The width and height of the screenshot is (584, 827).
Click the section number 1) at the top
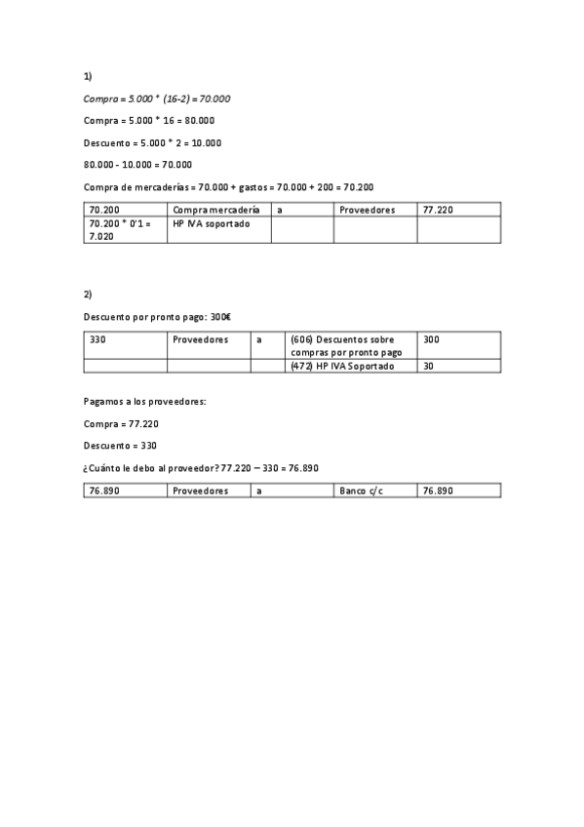88,76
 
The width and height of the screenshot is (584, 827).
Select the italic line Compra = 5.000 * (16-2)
157,98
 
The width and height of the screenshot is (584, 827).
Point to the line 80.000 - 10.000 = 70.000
137,164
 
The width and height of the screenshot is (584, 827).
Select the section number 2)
88,294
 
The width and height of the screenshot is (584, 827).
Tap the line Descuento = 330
121,445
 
